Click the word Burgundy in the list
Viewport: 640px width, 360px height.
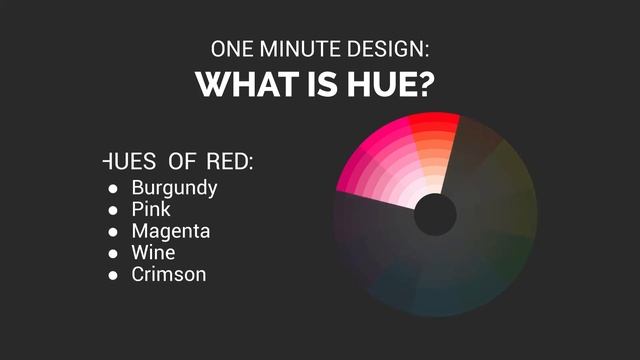tap(174, 187)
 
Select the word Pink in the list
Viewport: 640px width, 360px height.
tap(151, 209)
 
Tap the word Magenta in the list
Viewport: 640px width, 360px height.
tap(171, 231)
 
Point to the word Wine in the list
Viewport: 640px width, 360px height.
tap(153, 252)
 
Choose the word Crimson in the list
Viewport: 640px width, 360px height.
tap(169, 274)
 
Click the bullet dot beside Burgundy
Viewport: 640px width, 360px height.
tap(113, 188)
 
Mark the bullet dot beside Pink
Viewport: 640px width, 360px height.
tap(113, 210)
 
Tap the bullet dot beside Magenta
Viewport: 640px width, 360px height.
tap(113, 231)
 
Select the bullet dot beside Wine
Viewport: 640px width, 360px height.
tap(113, 253)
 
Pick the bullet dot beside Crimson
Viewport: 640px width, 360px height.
tap(113, 274)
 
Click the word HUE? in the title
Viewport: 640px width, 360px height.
tap(391, 84)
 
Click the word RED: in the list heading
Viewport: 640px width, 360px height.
tap(230, 161)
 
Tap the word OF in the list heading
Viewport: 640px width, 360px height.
tap(183, 161)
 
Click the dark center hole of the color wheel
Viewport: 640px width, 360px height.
tap(435, 215)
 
